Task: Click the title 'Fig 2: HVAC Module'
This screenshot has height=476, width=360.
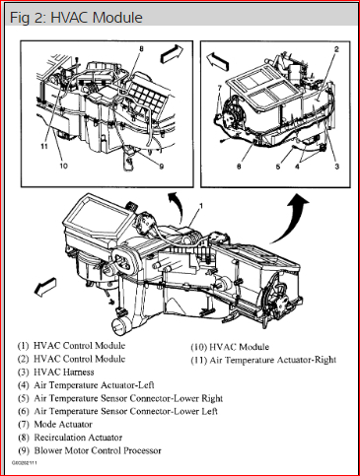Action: [76, 18]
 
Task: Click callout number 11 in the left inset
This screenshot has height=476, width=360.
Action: [44, 146]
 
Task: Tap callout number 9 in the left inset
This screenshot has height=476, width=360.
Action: [162, 167]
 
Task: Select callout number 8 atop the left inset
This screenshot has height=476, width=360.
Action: [141, 49]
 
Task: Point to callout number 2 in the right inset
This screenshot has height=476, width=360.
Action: [336, 49]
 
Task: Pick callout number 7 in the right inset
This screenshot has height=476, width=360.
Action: [220, 88]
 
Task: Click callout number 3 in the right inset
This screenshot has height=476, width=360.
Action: [336, 167]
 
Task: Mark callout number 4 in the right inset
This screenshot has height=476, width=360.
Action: [298, 167]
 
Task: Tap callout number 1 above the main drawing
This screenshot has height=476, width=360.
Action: [201, 206]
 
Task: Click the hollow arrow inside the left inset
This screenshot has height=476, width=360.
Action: [171, 53]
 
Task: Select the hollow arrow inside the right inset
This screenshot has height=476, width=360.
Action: [217, 61]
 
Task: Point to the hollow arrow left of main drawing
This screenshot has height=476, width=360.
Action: [45, 287]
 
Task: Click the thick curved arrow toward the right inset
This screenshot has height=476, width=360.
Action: [289, 218]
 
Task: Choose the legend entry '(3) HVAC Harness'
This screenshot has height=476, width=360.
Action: [56, 373]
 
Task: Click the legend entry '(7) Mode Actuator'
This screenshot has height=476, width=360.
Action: [55, 425]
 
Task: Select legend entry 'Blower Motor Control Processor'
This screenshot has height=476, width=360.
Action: [98, 450]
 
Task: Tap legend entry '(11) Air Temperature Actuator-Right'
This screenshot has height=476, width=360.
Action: [263, 361]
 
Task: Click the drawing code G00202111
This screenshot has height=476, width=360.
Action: [25, 463]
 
